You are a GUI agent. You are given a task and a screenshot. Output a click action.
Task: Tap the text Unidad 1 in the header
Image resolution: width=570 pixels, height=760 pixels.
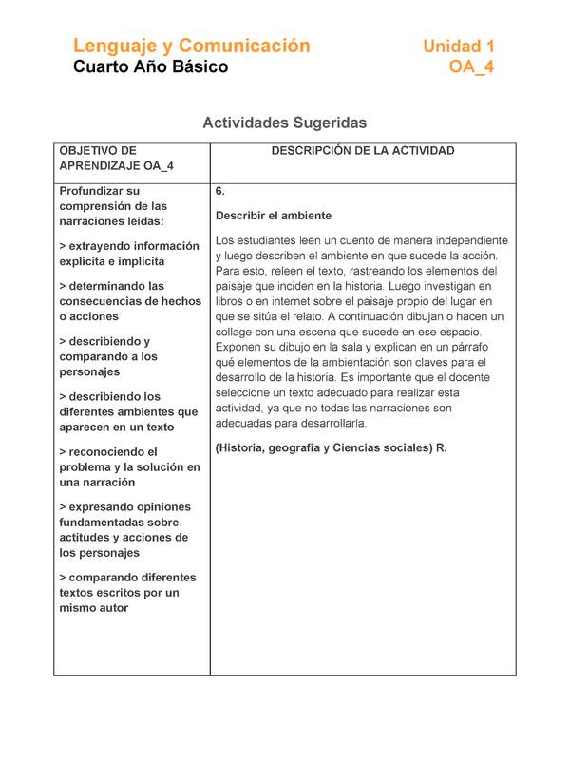click(x=458, y=47)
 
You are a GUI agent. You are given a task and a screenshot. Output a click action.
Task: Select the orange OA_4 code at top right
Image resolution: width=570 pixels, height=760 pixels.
click(x=471, y=67)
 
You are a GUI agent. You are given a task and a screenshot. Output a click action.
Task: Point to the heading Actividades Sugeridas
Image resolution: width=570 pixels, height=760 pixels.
click(x=284, y=123)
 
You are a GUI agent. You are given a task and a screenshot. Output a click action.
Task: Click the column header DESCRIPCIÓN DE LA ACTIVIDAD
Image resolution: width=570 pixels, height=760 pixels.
click(x=363, y=151)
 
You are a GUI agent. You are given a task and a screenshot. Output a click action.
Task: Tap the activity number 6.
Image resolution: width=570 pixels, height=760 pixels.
click(x=220, y=191)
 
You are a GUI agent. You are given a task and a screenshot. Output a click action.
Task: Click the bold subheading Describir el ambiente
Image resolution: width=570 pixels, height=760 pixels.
click(x=273, y=216)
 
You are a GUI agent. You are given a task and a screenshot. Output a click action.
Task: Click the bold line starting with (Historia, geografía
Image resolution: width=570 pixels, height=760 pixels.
click(x=331, y=447)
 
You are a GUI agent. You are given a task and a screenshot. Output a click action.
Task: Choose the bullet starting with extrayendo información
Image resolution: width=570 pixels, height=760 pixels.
click(x=128, y=254)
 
